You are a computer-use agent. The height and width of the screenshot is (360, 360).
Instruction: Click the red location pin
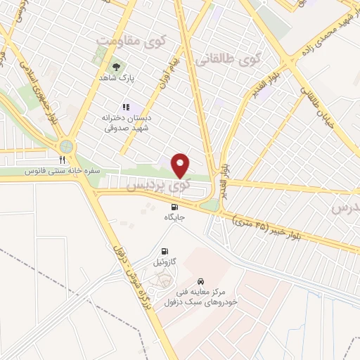pyautogui.click(x=181, y=165)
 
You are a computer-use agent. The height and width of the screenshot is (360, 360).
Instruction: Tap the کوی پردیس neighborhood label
pyautogui.click(x=157, y=186)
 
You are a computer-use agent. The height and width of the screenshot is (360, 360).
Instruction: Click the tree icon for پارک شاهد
pyautogui.click(x=114, y=67)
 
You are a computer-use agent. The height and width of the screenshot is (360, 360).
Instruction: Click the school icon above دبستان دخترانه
pyautogui.click(x=126, y=108)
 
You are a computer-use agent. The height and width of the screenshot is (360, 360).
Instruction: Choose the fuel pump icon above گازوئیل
pyautogui.click(x=165, y=251)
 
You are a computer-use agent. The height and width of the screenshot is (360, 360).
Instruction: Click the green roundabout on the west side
pyautogui.click(x=67, y=147)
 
